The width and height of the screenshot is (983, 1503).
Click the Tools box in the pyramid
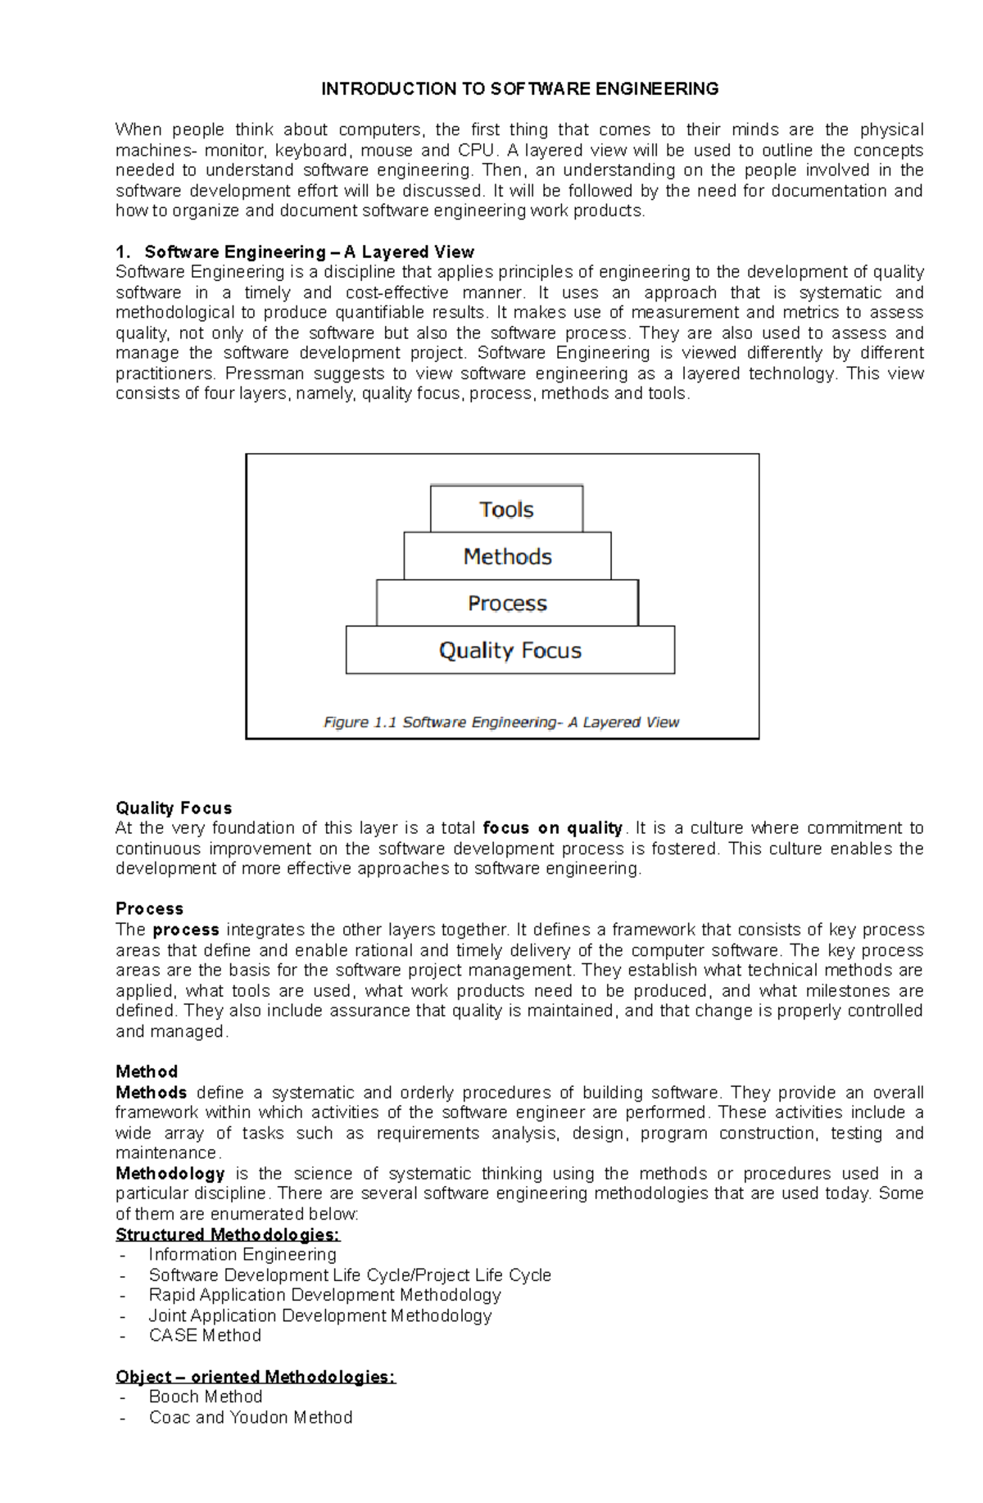[506, 509]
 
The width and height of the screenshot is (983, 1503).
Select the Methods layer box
[507, 556]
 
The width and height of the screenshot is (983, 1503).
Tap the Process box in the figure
[507, 603]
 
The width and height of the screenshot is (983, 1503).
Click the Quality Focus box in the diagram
[510, 650]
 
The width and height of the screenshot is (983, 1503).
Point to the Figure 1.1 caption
[501, 722]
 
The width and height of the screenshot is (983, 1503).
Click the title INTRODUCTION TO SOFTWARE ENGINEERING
[519, 88]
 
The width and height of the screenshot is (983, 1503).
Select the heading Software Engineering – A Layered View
[309, 251]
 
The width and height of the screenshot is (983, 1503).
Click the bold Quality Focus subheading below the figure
[174, 808]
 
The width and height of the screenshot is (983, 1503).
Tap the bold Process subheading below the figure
[149, 908]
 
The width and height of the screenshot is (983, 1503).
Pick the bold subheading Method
[147, 1071]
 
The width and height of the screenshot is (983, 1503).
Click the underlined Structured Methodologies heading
[228, 1234]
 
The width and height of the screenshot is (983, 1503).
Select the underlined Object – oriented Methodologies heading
[256, 1377]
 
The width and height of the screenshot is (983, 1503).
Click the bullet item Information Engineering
[242, 1255]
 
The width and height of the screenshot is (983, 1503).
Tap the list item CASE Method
[205, 1336]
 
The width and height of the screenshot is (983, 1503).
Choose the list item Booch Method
[206, 1397]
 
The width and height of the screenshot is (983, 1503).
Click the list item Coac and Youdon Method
[251, 1418]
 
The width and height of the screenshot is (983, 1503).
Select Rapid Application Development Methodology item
[324, 1295]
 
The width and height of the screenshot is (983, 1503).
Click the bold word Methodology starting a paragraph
[170, 1174]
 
